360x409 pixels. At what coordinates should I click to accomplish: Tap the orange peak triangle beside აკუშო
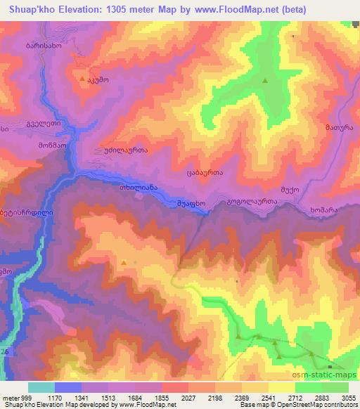[83, 79]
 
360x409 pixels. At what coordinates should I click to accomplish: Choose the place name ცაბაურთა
[205, 172]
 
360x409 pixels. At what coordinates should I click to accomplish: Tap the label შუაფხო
[191, 204]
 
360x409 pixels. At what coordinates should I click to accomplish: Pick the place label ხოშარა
[324, 209]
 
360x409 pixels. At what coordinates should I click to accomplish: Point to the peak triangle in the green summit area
[265, 82]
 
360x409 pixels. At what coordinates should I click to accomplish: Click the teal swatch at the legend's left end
[41, 387]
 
